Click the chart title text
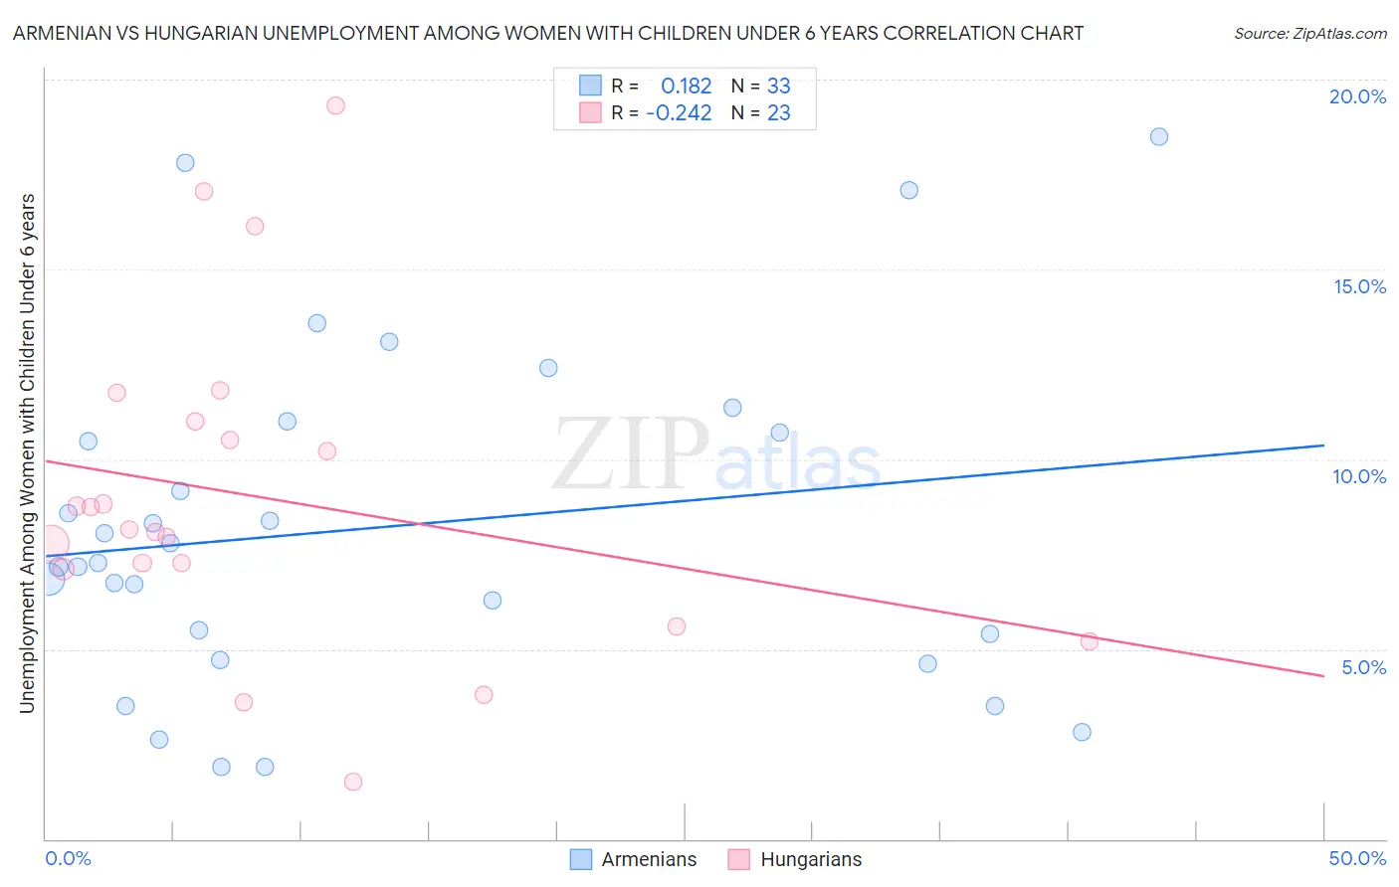coord(548,33)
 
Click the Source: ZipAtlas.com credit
coord(1309,33)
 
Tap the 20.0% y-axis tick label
coord(1357,96)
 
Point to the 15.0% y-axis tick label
coord(1359,286)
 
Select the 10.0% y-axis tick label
coord(1359,476)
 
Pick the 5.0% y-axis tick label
coord(1363,667)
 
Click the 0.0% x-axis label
coord(68,858)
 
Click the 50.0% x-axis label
coord(1357,858)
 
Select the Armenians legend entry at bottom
coord(634,859)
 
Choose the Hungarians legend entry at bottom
coord(795,859)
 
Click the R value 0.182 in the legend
coord(686,86)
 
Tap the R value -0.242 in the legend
coord(679,113)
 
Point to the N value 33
coord(778,86)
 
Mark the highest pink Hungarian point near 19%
coord(335,105)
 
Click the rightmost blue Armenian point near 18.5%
coord(1159,136)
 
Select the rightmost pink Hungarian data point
coord(1090,641)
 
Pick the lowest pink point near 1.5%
coord(353,782)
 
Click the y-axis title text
coord(27,452)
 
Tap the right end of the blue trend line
coord(1323,445)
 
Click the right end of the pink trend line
coord(1323,676)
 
